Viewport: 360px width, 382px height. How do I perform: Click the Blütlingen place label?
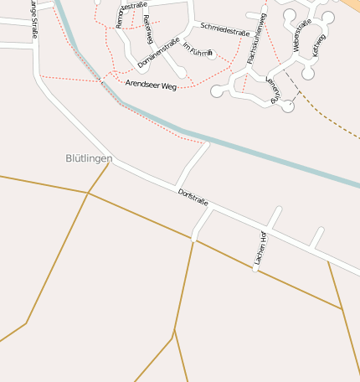pyautogui.click(x=89, y=157)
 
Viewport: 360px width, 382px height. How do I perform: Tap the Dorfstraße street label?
pyautogui.click(x=193, y=198)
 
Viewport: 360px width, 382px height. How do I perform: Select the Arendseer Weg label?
pyautogui.click(x=151, y=85)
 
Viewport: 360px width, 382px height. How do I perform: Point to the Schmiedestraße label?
pyautogui.click(x=224, y=30)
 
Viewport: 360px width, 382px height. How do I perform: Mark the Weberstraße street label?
pyautogui.click(x=301, y=34)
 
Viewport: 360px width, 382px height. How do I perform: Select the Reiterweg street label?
pyautogui.click(x=149, y=29)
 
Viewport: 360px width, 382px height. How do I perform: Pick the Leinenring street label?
pyautogui.click(x=271, y=90)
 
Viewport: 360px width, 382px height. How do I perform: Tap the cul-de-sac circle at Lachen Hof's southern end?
pyautogui.click(x=255, y=269)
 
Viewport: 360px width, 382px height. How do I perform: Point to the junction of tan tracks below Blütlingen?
pyautogui.click(x=88, y=193)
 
